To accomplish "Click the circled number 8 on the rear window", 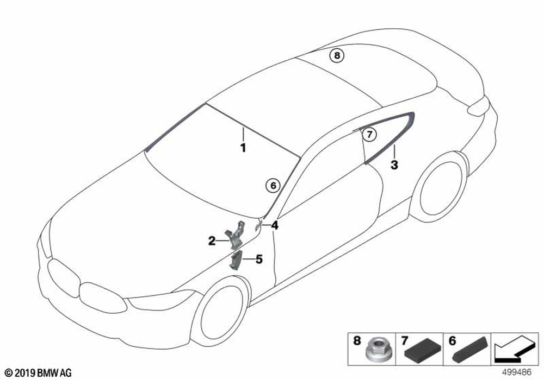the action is pyautogui.click(x=337, y=55).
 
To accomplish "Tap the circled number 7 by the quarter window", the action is pyautogui.click(x=369, y=134).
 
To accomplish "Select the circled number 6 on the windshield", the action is pyautogui.click(x=273, y=186).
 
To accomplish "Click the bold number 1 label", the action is pyautogui.click(x=243, y=148).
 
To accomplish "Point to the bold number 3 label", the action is pyautogui.click(x=394, y=164).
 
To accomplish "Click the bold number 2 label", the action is pyautogui.click(x=212, y=241).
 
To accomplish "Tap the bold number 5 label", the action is pyautogui.click(x=259, y=259).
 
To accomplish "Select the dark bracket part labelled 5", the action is pyautogui.click(x=235, y=260).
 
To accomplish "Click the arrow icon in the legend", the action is pyautogui.click(x=514, y=350).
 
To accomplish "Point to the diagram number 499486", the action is pyautogui.click(x=517, y=372).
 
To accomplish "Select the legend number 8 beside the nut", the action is pyautogui.click(x=357, y=340).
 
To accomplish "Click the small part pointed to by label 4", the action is pyautogui.click(x=257, y=227).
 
